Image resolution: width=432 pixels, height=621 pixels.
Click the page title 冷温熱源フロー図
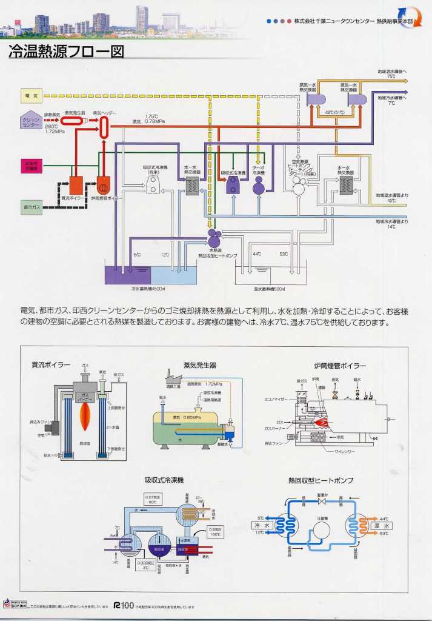click(66, 52)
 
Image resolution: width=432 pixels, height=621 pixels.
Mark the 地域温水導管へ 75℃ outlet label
click(391, 74)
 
